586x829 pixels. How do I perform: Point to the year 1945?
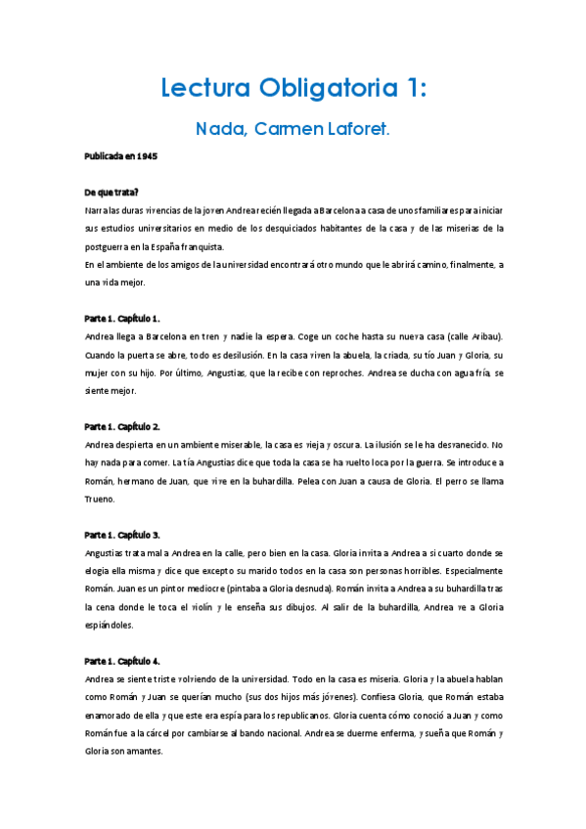click(x=147, y=156)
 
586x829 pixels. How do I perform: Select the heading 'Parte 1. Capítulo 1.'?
click(x=122, y=319)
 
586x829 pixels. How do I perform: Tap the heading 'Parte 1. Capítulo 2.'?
click(x=122, y=426)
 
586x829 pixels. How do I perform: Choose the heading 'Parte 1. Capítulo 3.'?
click(x=122, y=535)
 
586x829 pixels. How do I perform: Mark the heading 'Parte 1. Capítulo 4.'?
click(x=122, y=661)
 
